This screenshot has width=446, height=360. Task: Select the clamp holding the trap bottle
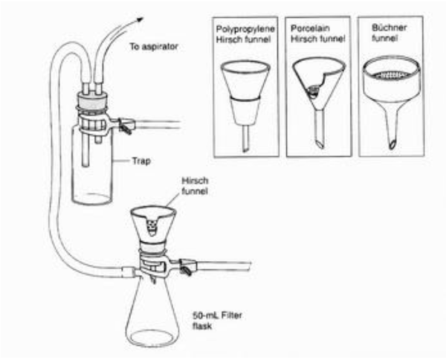click(123, 121)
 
